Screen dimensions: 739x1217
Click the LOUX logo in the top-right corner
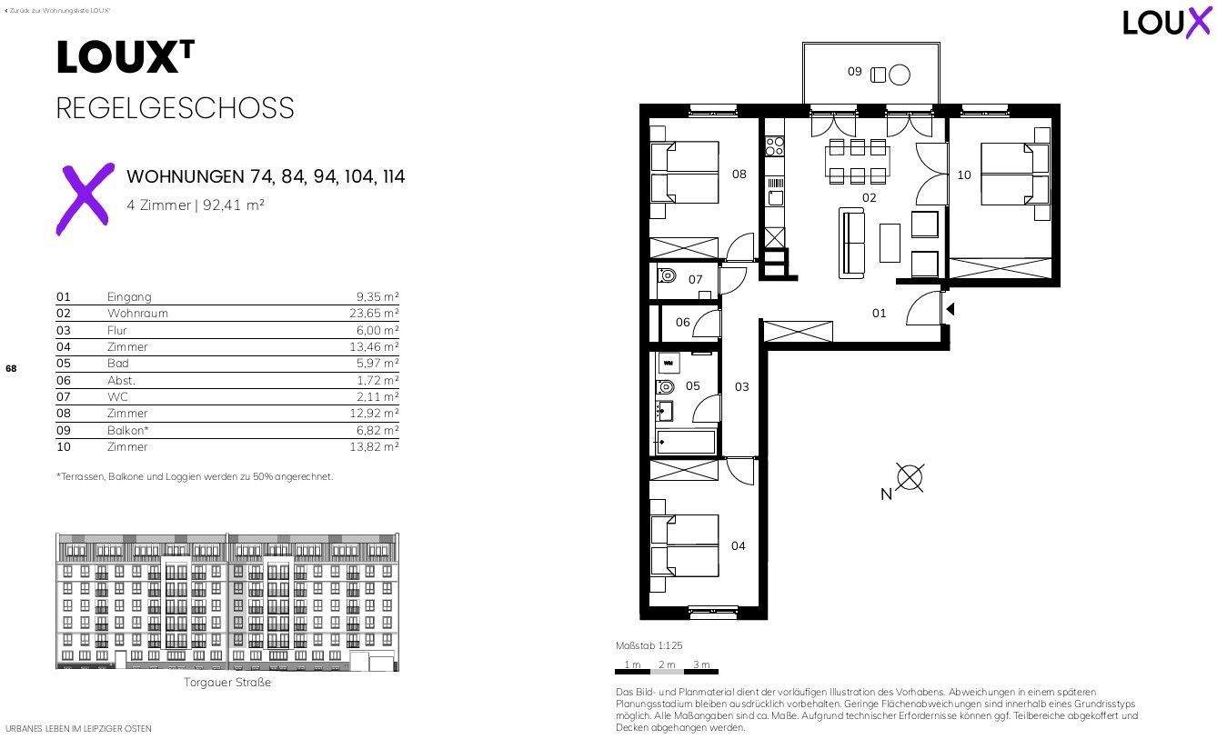(1167, 22)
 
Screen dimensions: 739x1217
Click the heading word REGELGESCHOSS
(176, 108)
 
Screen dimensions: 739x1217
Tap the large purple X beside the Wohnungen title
(85, 198)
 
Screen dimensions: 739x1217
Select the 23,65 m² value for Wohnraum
(377, 314)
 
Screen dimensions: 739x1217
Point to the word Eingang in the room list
(129, 297)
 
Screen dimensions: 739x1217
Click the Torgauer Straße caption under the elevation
(227, 683)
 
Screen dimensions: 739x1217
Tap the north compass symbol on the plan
(910, 477)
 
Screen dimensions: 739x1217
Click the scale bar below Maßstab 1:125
(667, 673)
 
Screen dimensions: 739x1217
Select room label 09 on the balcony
(854, 71)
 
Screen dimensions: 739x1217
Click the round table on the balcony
(900, 75)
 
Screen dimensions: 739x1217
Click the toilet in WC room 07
(667, 275)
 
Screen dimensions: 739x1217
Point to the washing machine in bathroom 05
(668, 363)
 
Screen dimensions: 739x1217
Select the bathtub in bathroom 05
(685, 444)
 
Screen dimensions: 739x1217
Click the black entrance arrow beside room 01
(950, 310)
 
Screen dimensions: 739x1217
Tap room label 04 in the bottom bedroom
(738, 546)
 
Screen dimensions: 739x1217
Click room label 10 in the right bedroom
(964, 175)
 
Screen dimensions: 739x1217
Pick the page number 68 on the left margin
(11, 369)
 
